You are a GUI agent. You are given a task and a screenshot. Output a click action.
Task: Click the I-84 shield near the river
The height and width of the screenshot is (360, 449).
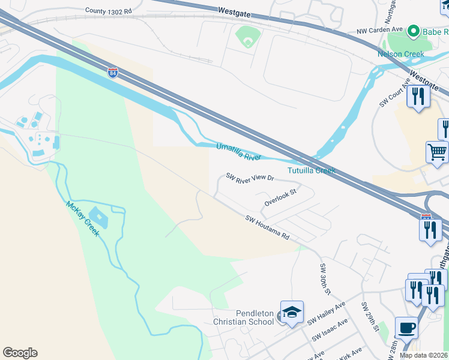(113, 73)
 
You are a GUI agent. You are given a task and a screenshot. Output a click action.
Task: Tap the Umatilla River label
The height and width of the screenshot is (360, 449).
(239, 151)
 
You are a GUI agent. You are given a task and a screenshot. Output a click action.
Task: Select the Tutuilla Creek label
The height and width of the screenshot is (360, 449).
(311, 170)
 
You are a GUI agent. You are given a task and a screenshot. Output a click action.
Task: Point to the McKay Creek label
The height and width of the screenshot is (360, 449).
(82, 218)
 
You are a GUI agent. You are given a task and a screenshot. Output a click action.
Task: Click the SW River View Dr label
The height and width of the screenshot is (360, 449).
(250, 178)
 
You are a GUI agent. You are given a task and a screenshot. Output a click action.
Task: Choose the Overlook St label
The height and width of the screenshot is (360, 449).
(282, 197)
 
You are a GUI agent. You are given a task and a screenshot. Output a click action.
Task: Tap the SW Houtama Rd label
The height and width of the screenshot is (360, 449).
(267, 228)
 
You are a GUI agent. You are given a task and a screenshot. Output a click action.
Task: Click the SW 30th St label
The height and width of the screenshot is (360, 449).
(325, 278)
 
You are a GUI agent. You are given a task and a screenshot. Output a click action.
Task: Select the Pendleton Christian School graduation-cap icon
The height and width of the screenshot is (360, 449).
(292, 313)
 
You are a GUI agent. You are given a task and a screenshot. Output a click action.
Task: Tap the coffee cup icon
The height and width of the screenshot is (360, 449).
(406, 329)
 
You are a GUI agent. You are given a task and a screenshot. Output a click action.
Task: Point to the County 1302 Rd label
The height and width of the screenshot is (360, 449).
(107, 10)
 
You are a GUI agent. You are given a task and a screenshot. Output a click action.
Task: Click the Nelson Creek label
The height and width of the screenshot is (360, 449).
(400, 54)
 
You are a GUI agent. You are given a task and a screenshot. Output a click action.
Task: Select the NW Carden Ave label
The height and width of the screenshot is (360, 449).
(379, 31)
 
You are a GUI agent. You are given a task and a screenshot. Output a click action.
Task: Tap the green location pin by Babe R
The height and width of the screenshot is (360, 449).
(413, 31)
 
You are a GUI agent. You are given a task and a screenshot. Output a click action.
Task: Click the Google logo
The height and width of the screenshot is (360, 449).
(20, 353)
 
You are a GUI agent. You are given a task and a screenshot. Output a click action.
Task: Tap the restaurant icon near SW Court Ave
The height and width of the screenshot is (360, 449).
(418, 96)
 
